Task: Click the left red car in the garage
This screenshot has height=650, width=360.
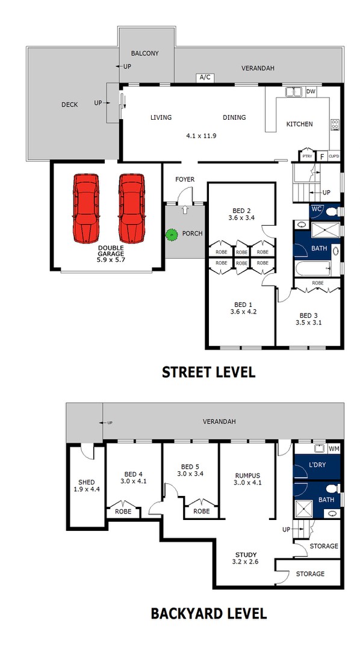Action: click(x=86, y=208)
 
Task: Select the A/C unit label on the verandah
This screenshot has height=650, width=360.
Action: click(x=205, y=78)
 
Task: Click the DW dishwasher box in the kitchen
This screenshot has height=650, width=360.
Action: click(x=311, y=91)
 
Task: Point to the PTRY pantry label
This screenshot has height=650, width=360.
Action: click(x=307, y=156)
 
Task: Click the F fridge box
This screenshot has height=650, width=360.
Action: click(x=321, y=156)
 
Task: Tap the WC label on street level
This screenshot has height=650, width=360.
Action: click(x=316, y=209)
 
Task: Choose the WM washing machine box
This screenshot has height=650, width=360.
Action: click(x=334, y=448)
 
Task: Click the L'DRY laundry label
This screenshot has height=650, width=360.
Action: click(x=317, y=465)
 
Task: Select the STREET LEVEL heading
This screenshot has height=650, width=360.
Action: click(x=208, y=372)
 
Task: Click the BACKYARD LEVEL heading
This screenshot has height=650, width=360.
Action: click(x=208, y=613)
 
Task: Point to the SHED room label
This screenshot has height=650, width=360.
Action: click(x=86, y=482)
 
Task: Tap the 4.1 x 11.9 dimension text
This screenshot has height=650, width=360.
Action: click(x=201, y=135)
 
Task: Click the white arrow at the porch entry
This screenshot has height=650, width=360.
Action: click(x=185, y=209)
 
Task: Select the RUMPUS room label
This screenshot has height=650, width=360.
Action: click(x=247, y=475)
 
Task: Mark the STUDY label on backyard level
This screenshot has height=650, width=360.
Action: click(x=246, y=555)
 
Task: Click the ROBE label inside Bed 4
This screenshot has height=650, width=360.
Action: click(x=123, y=512)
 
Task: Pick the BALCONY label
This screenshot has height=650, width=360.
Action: click(x=144, y=53)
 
